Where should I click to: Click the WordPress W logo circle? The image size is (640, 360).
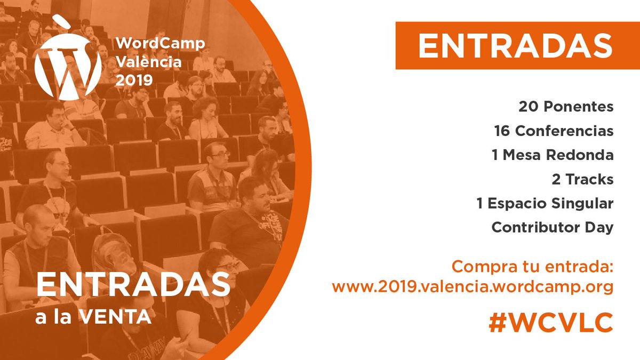click(68, 69)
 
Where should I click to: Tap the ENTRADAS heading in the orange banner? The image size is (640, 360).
click(515, 46)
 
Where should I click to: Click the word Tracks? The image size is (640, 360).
click(589, 179)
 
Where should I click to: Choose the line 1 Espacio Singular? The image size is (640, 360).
click(545, 203)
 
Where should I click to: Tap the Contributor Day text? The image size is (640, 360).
click(552, 227)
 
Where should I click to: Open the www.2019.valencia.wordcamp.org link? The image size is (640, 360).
click(473, 287)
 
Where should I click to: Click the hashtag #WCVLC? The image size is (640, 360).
click(550, 323)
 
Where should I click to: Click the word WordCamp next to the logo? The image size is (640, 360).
click(160, 43)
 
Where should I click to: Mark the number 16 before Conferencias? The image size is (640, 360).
click(502, 131)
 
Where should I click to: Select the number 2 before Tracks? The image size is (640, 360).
click(556, 179)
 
